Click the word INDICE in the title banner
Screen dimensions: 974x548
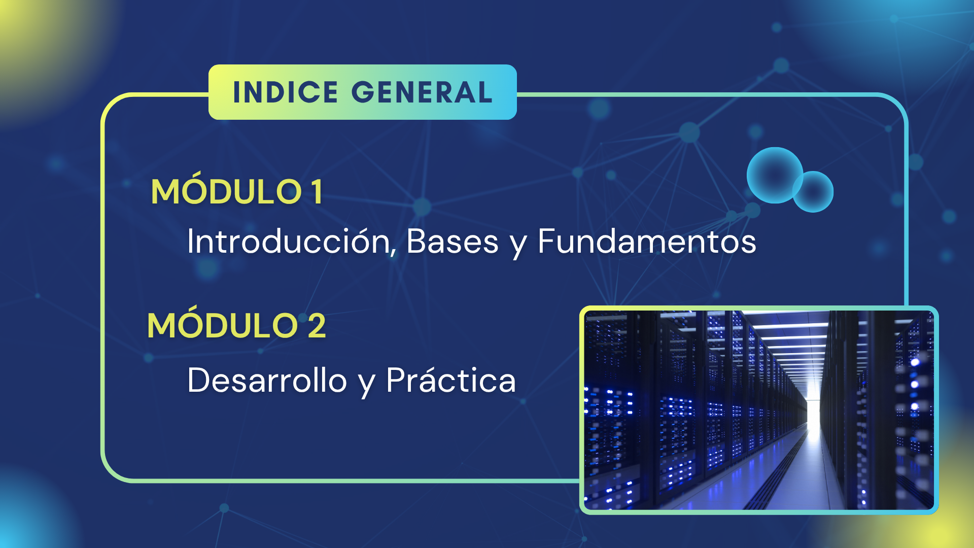285,92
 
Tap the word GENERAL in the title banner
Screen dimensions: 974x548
422,92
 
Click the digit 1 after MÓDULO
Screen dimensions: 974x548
317,192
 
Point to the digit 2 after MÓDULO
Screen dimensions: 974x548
317,325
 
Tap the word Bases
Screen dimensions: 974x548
453,241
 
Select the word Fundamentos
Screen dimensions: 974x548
647,241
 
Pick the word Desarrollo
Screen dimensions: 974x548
267,380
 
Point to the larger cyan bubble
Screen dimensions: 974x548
775,175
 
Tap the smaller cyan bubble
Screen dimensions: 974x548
814,192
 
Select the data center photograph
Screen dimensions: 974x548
759,410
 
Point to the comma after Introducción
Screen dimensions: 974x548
393,250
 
